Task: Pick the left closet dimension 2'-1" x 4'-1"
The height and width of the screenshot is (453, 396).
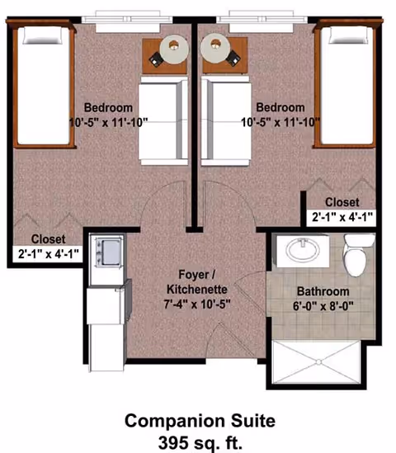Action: point(48,254)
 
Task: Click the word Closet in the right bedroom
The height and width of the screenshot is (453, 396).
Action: point(341,202)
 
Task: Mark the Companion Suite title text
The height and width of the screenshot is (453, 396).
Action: point(198,420)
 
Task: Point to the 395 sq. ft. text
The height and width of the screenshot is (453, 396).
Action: point(198,440)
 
